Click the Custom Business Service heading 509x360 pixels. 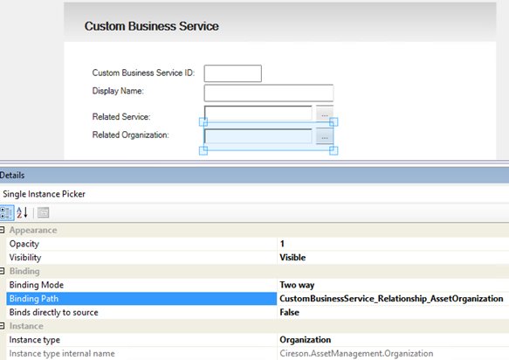click(x=152, y=26)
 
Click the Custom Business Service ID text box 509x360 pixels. click(x=233, y=73)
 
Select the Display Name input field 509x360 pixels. click(x=268, y=93)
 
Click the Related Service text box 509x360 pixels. click(x=258, y=113)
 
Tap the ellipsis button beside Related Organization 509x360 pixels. click(x=324, y=136)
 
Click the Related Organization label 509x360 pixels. click(x=130, y=135)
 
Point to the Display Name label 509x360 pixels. click(x=118, y=91)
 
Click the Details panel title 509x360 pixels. click(x=12, y=176)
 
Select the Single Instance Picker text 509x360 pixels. click(x=44, y=194)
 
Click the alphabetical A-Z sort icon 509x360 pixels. click(x=22, y=213)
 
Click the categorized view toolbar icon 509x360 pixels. click(x=6, y=213)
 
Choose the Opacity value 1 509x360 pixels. click(x=282, y=244)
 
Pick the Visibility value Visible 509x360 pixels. click(x=292, y=257)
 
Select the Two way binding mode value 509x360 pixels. click(x=297, y=285)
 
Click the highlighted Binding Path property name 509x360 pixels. click(x=34, y=299)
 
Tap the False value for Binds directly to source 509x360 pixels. click(x=289, y=312)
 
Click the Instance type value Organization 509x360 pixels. click(x=306, y=340)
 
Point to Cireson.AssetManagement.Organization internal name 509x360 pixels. click(x=356, y=354)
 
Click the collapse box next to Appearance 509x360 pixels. click(x=2, y=230)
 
